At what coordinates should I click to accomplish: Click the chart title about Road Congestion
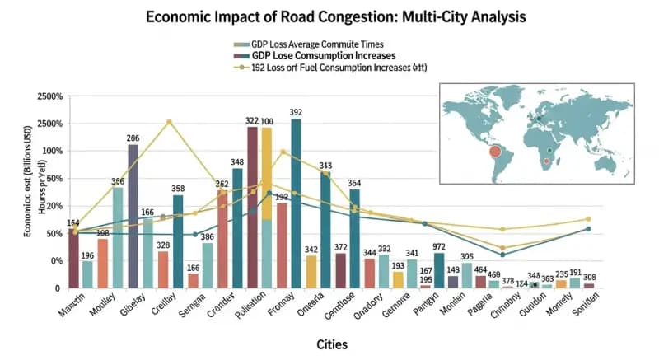329,16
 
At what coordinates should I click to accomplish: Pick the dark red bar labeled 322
253,206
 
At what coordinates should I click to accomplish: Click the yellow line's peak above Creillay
169,122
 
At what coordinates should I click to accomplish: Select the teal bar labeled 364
354,238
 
